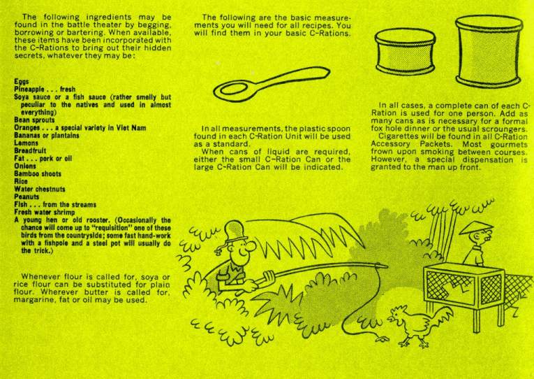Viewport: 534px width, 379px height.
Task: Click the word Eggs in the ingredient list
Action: (22, 82)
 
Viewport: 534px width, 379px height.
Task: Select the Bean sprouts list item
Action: (34, 120)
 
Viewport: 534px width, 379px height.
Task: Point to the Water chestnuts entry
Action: (40, 189)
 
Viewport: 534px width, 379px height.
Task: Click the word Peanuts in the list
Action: (27, 196)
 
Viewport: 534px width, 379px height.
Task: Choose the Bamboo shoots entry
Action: (38, 174)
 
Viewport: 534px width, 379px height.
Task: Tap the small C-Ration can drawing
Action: (406, 51)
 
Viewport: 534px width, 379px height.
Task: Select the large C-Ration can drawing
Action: (489, 51)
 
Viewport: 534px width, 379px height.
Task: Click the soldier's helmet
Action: (236, 231)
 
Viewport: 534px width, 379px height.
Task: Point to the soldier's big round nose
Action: (251, 245)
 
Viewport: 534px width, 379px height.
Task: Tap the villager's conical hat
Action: (476, 227)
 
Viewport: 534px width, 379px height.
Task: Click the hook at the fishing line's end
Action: (382, 339)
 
